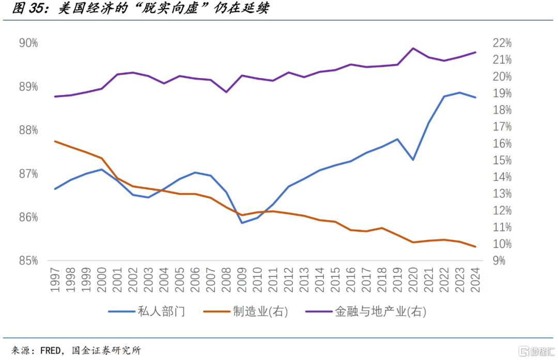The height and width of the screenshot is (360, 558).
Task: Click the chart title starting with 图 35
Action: click(139, 9)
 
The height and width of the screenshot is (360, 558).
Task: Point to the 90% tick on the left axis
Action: click(28, 43)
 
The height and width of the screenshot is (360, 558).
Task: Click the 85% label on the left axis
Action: click(28, 261)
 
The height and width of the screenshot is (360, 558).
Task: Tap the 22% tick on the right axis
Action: click(502, 43)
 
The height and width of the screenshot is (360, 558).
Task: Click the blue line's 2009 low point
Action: click(242, 223)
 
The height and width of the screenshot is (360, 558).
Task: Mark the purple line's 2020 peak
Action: click(413, 48)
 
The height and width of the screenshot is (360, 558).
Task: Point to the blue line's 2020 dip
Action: click(413, 160)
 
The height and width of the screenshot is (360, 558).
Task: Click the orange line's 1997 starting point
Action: click(55, 141)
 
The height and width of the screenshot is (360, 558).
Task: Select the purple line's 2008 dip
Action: click(226, 92)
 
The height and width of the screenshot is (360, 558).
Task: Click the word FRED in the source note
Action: click(51, 350)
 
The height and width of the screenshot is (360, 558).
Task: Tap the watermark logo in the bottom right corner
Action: click(538, 351)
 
